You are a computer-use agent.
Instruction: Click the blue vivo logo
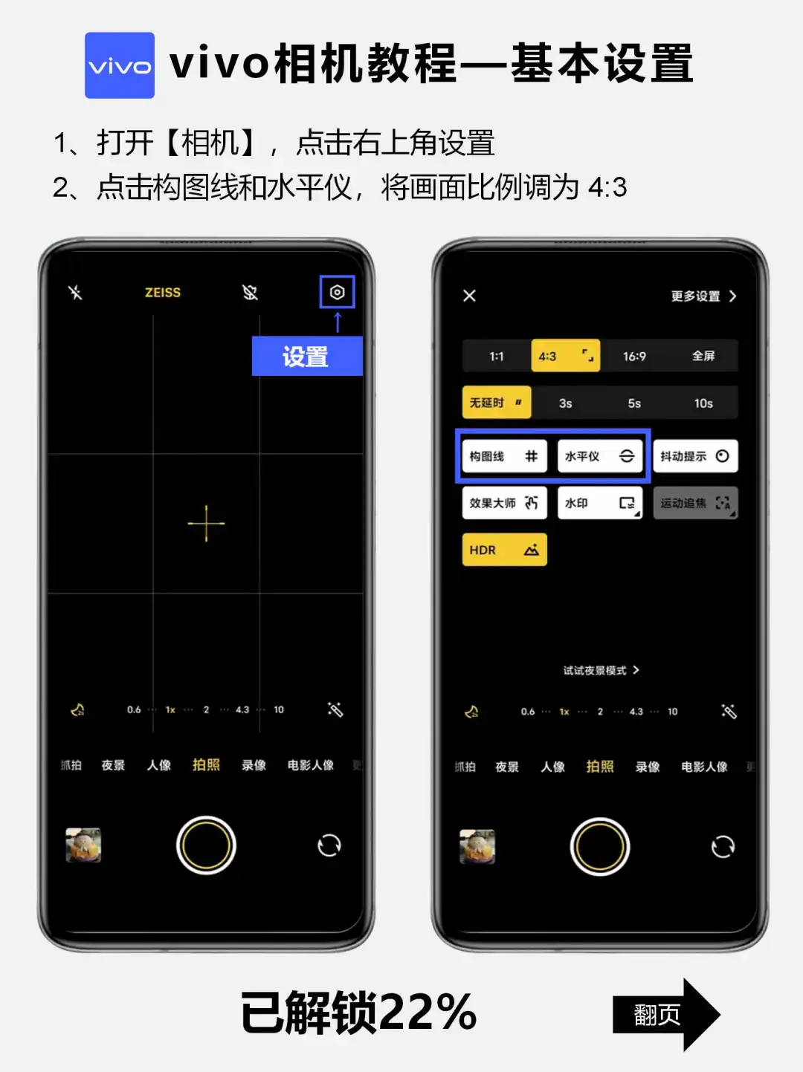click(120, 65)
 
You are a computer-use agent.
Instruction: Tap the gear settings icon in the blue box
click(337, 292)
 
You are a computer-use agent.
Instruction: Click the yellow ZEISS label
click(163, 293)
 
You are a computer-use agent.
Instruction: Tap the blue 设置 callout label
click(307, 356)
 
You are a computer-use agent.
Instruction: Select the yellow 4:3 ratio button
click(566, 356)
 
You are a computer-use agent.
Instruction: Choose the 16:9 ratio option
click(634, 356)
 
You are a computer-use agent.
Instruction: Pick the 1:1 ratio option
click(497, 356)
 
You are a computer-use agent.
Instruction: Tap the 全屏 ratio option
click(703, 356)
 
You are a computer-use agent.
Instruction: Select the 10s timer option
click(703, 403)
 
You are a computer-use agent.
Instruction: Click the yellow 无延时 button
click(497, 403)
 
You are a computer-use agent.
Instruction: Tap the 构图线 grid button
click(504, 456)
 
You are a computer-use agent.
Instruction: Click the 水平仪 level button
click(600, 456)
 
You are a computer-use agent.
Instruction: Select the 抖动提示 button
click(695, 456)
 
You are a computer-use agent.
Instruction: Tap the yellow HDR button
click(504, 550)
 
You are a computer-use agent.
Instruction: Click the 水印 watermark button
click(600, 502)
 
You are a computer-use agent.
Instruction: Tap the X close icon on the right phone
click(470, 296)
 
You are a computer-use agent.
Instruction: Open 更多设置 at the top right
click(703, 296)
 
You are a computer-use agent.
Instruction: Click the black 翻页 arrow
click(666, 1014)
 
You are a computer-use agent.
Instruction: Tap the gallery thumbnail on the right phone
click(477, 846)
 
